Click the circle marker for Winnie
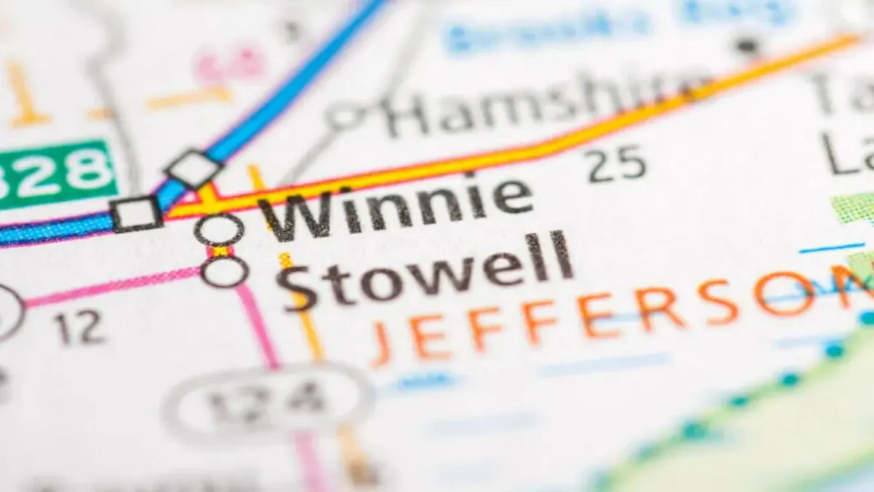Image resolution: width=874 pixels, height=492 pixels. tap(219, 230)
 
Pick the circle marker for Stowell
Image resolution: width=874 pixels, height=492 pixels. tap(224, 272)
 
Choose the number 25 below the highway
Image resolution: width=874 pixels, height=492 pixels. tap(617, 163)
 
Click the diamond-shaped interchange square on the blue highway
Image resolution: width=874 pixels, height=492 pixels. tap(194, 168)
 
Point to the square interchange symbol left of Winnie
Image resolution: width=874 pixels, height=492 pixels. tap(137, 214)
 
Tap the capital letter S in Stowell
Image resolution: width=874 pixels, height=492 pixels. tap(299, 286)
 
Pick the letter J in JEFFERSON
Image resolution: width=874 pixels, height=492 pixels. tap(382, 343)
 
